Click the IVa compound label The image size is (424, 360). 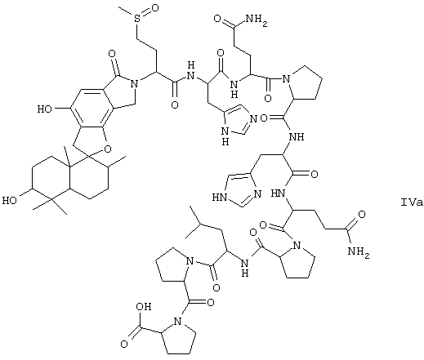pos(412,202)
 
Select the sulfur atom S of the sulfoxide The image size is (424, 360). pos(138,18)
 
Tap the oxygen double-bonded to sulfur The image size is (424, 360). pos(154,8)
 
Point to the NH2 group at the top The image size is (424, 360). pos(257,20)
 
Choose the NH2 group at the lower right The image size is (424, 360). pos(359,252)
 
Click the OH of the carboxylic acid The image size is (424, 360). pos(143,307)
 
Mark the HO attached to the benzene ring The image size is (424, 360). pos(45,109)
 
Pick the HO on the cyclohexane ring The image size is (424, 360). pos(10,201)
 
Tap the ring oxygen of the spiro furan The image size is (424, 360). pos(108,149)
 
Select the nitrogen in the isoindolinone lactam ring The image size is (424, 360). pos(133,84)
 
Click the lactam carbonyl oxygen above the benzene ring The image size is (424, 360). pos(112,53)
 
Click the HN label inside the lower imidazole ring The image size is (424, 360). pos(220,198)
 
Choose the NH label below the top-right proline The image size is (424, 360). pos(297,136)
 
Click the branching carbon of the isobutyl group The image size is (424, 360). pos(201,224)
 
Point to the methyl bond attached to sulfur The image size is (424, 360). pos(127,12)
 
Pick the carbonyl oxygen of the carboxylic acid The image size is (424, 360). pos(124,344)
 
